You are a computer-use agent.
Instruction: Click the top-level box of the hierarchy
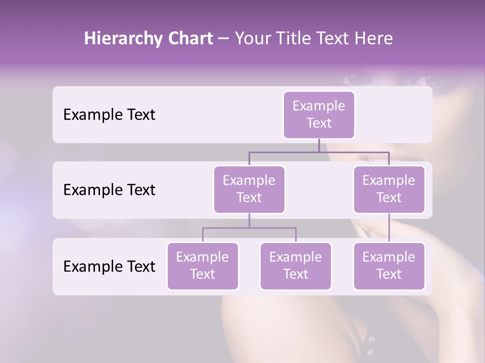click(x=319, y=114)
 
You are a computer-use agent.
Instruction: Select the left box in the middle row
click(x=249, y=189)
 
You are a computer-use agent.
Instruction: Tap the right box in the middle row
click(x=389, y=189)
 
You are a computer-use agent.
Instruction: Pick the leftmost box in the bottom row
click(x=203, y=266)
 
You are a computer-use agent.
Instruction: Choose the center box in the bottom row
click(x=296, y=266)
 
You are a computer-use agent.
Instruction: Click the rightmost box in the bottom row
click(x=389, y=266)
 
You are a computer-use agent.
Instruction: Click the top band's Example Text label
click(x=109, y=115)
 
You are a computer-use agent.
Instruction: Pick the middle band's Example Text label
click(x=109, y=190)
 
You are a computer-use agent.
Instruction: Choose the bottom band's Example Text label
click(x=109, y=266)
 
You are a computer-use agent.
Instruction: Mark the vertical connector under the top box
click(x=319, y=145)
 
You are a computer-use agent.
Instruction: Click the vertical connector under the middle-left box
click(x=249, y=220)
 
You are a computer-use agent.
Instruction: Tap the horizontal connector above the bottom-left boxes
click(x=249, y=228)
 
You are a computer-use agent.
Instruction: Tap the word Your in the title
click(x=253, y=38)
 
